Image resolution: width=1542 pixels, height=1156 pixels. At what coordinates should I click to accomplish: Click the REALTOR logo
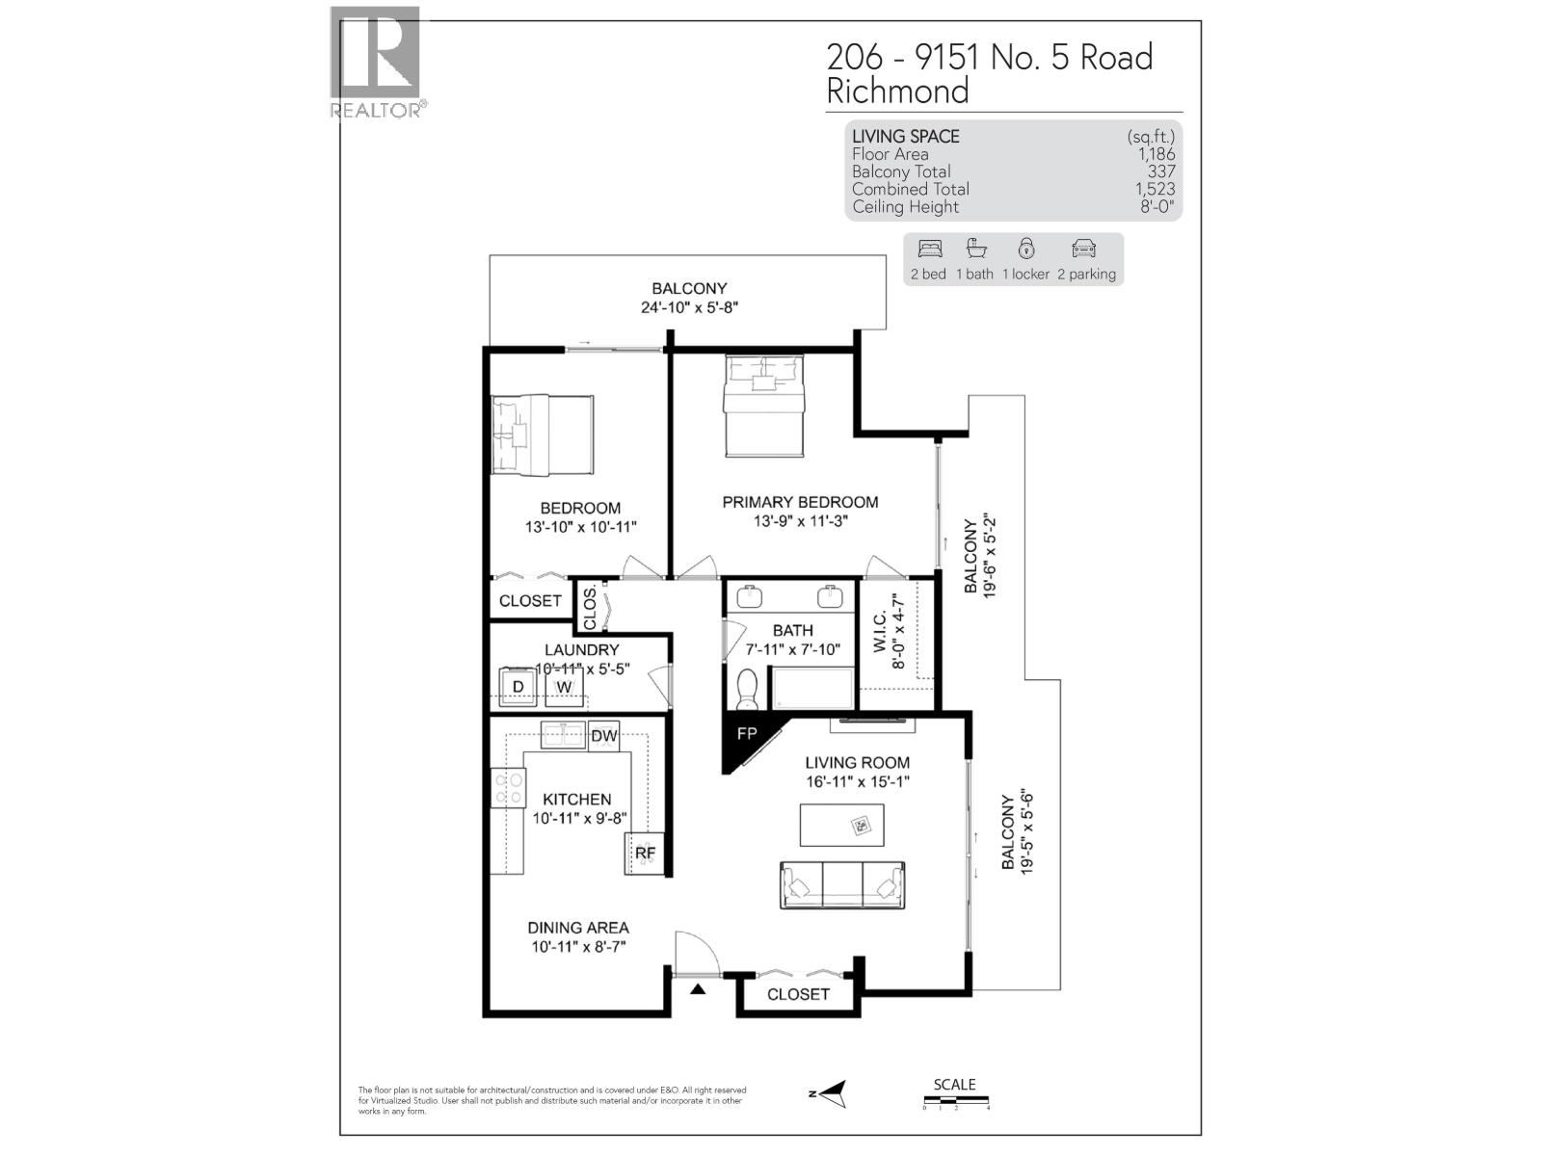376,63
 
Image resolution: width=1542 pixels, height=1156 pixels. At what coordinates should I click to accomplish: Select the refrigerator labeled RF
644,854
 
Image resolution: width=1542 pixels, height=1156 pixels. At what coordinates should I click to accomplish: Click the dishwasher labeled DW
603,736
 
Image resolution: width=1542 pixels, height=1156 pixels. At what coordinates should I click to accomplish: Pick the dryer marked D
518,687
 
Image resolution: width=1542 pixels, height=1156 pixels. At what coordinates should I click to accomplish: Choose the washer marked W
564,687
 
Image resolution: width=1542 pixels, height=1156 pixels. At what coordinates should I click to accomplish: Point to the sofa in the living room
841,883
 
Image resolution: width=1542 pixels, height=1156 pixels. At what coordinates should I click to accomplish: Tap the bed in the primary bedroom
764,405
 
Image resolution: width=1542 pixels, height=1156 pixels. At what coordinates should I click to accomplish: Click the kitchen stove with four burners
508,788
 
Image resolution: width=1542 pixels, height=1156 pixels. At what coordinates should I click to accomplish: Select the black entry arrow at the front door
698,987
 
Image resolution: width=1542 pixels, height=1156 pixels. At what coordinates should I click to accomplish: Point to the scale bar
956,1100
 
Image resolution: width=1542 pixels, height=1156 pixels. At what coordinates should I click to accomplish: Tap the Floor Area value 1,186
1156,154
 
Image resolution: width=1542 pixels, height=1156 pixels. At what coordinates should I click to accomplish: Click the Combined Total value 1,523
1155,189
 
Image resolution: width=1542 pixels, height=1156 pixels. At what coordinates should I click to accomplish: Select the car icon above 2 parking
1084,250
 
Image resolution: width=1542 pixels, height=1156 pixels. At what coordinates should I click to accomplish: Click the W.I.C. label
880,630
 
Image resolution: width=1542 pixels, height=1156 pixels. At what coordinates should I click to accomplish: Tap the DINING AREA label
577,928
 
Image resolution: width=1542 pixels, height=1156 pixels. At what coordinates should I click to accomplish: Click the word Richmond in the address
897,92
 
